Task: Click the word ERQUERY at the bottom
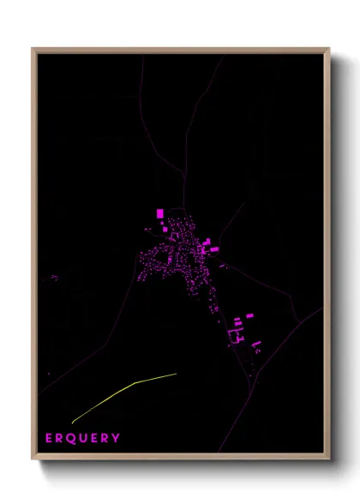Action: pyautogui.click(x=83, y=438)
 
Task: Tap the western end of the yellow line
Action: pyautogui.click(x=72, y=423)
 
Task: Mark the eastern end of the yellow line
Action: pyautogui.click(x=177, y=374)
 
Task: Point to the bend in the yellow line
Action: pyautogui.click(x=135, y=382)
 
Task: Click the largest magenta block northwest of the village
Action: pyautogui.click(x=159, y=213)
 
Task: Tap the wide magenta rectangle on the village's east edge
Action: pyautogui.click(x=214, y=249)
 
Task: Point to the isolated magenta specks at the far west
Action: pyautogui.click(x=51, y=278)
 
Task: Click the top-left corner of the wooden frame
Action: pyautogui.click(x=33, y=49)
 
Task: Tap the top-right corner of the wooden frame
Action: pyautogui.click(x=329, y=49)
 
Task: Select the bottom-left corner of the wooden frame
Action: pyautogui.click(x=33, y=460)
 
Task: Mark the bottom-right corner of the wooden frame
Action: pyautogui.click(x=329, y=460)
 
